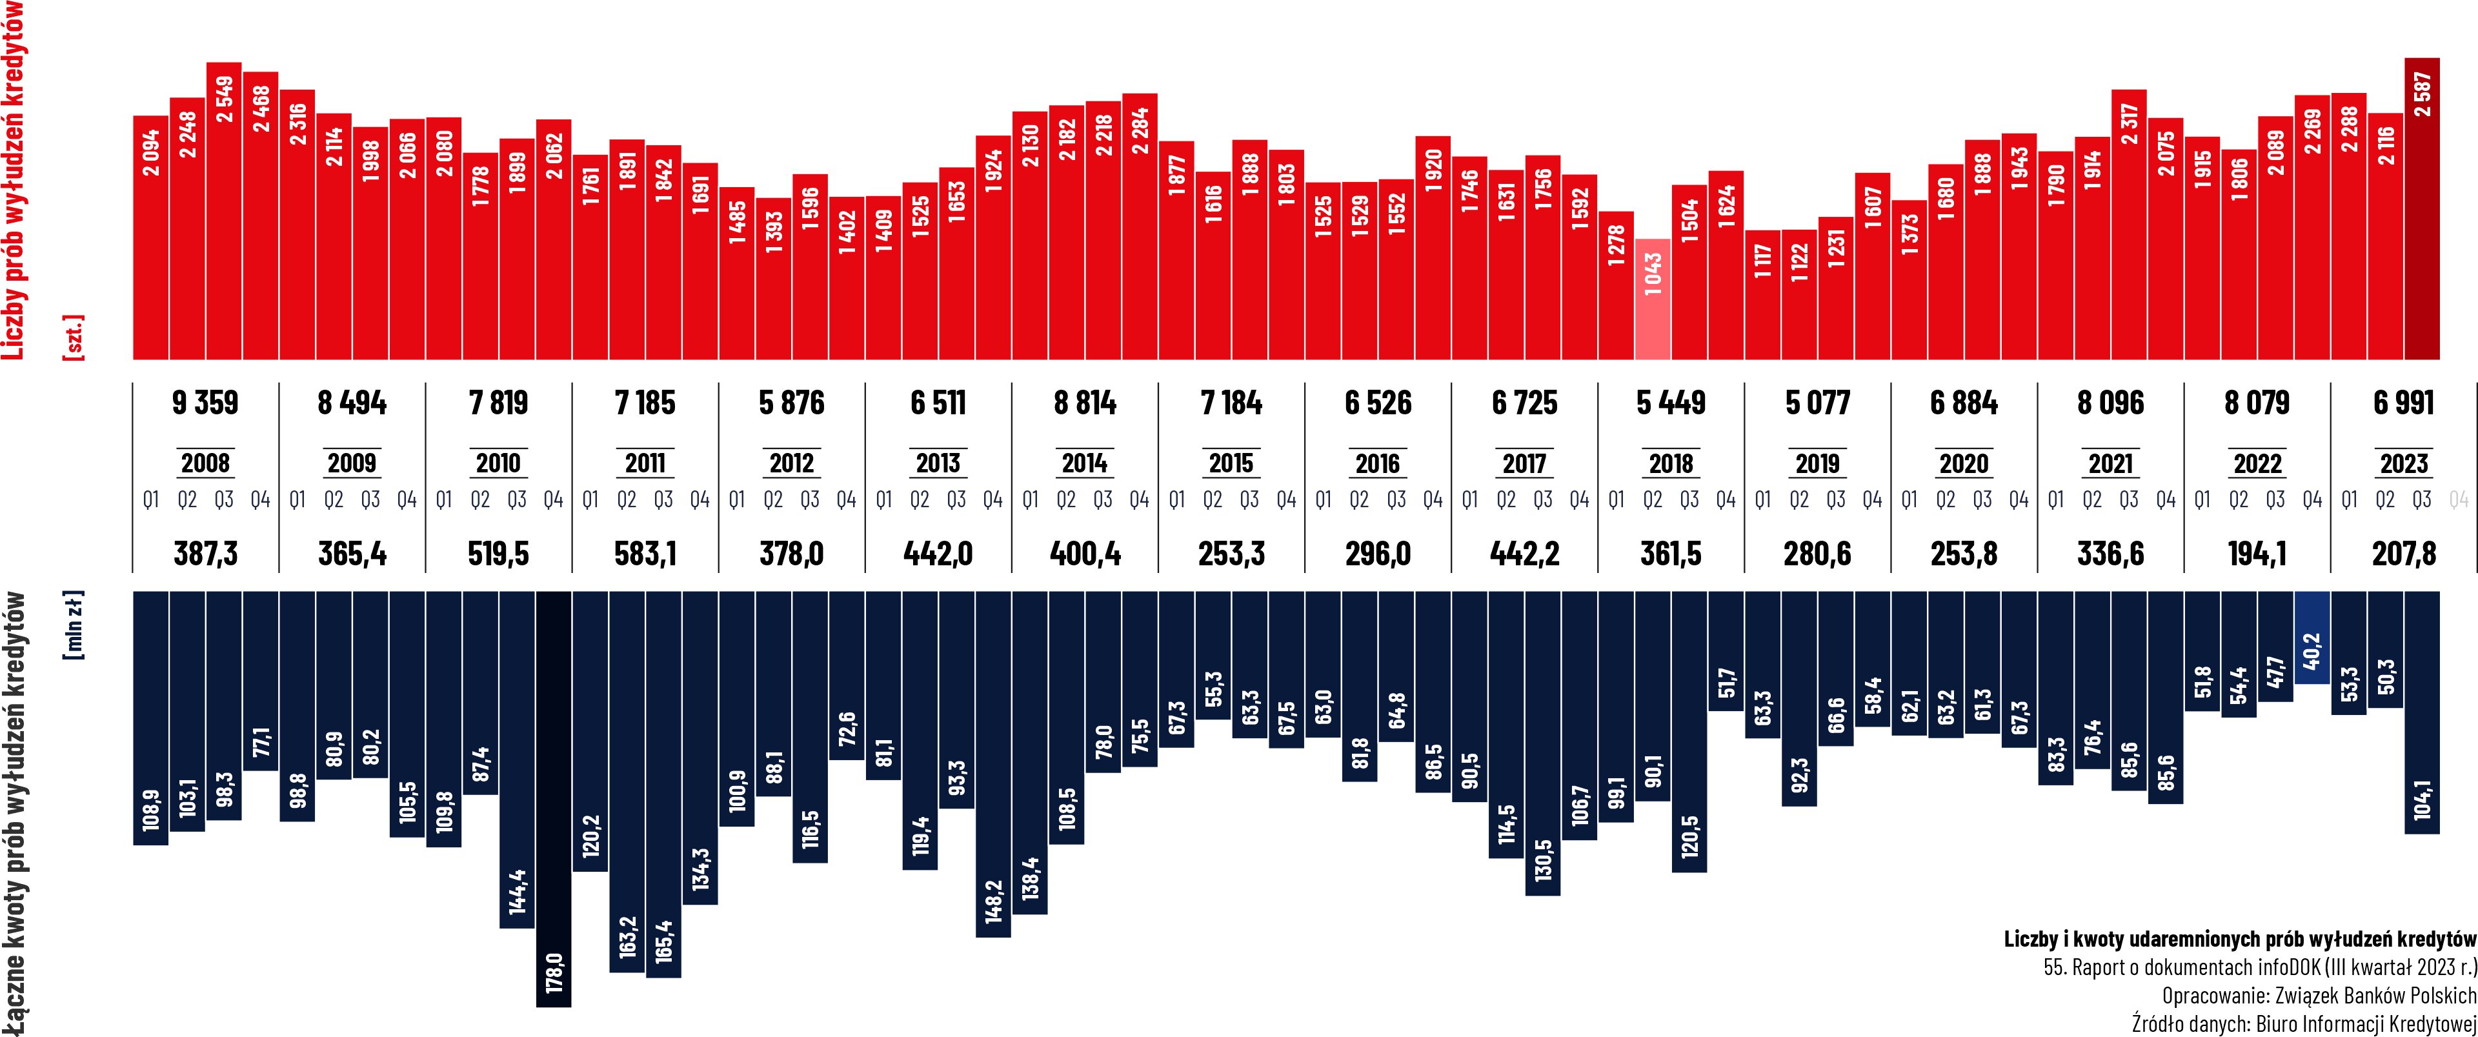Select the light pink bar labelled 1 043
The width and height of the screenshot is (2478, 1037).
pos(1652,298)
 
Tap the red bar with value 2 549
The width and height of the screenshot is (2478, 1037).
pos(223,212)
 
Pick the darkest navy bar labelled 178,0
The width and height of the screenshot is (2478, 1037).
pos(553,798)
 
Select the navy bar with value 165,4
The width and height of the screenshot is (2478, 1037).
pos(663,784)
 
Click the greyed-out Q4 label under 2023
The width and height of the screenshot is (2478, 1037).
pos(2458,500)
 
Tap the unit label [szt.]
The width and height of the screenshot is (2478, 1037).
pos(73,337)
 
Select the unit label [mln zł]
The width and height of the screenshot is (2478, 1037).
pos(73,626)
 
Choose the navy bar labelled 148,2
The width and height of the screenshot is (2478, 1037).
pos(992,764)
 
